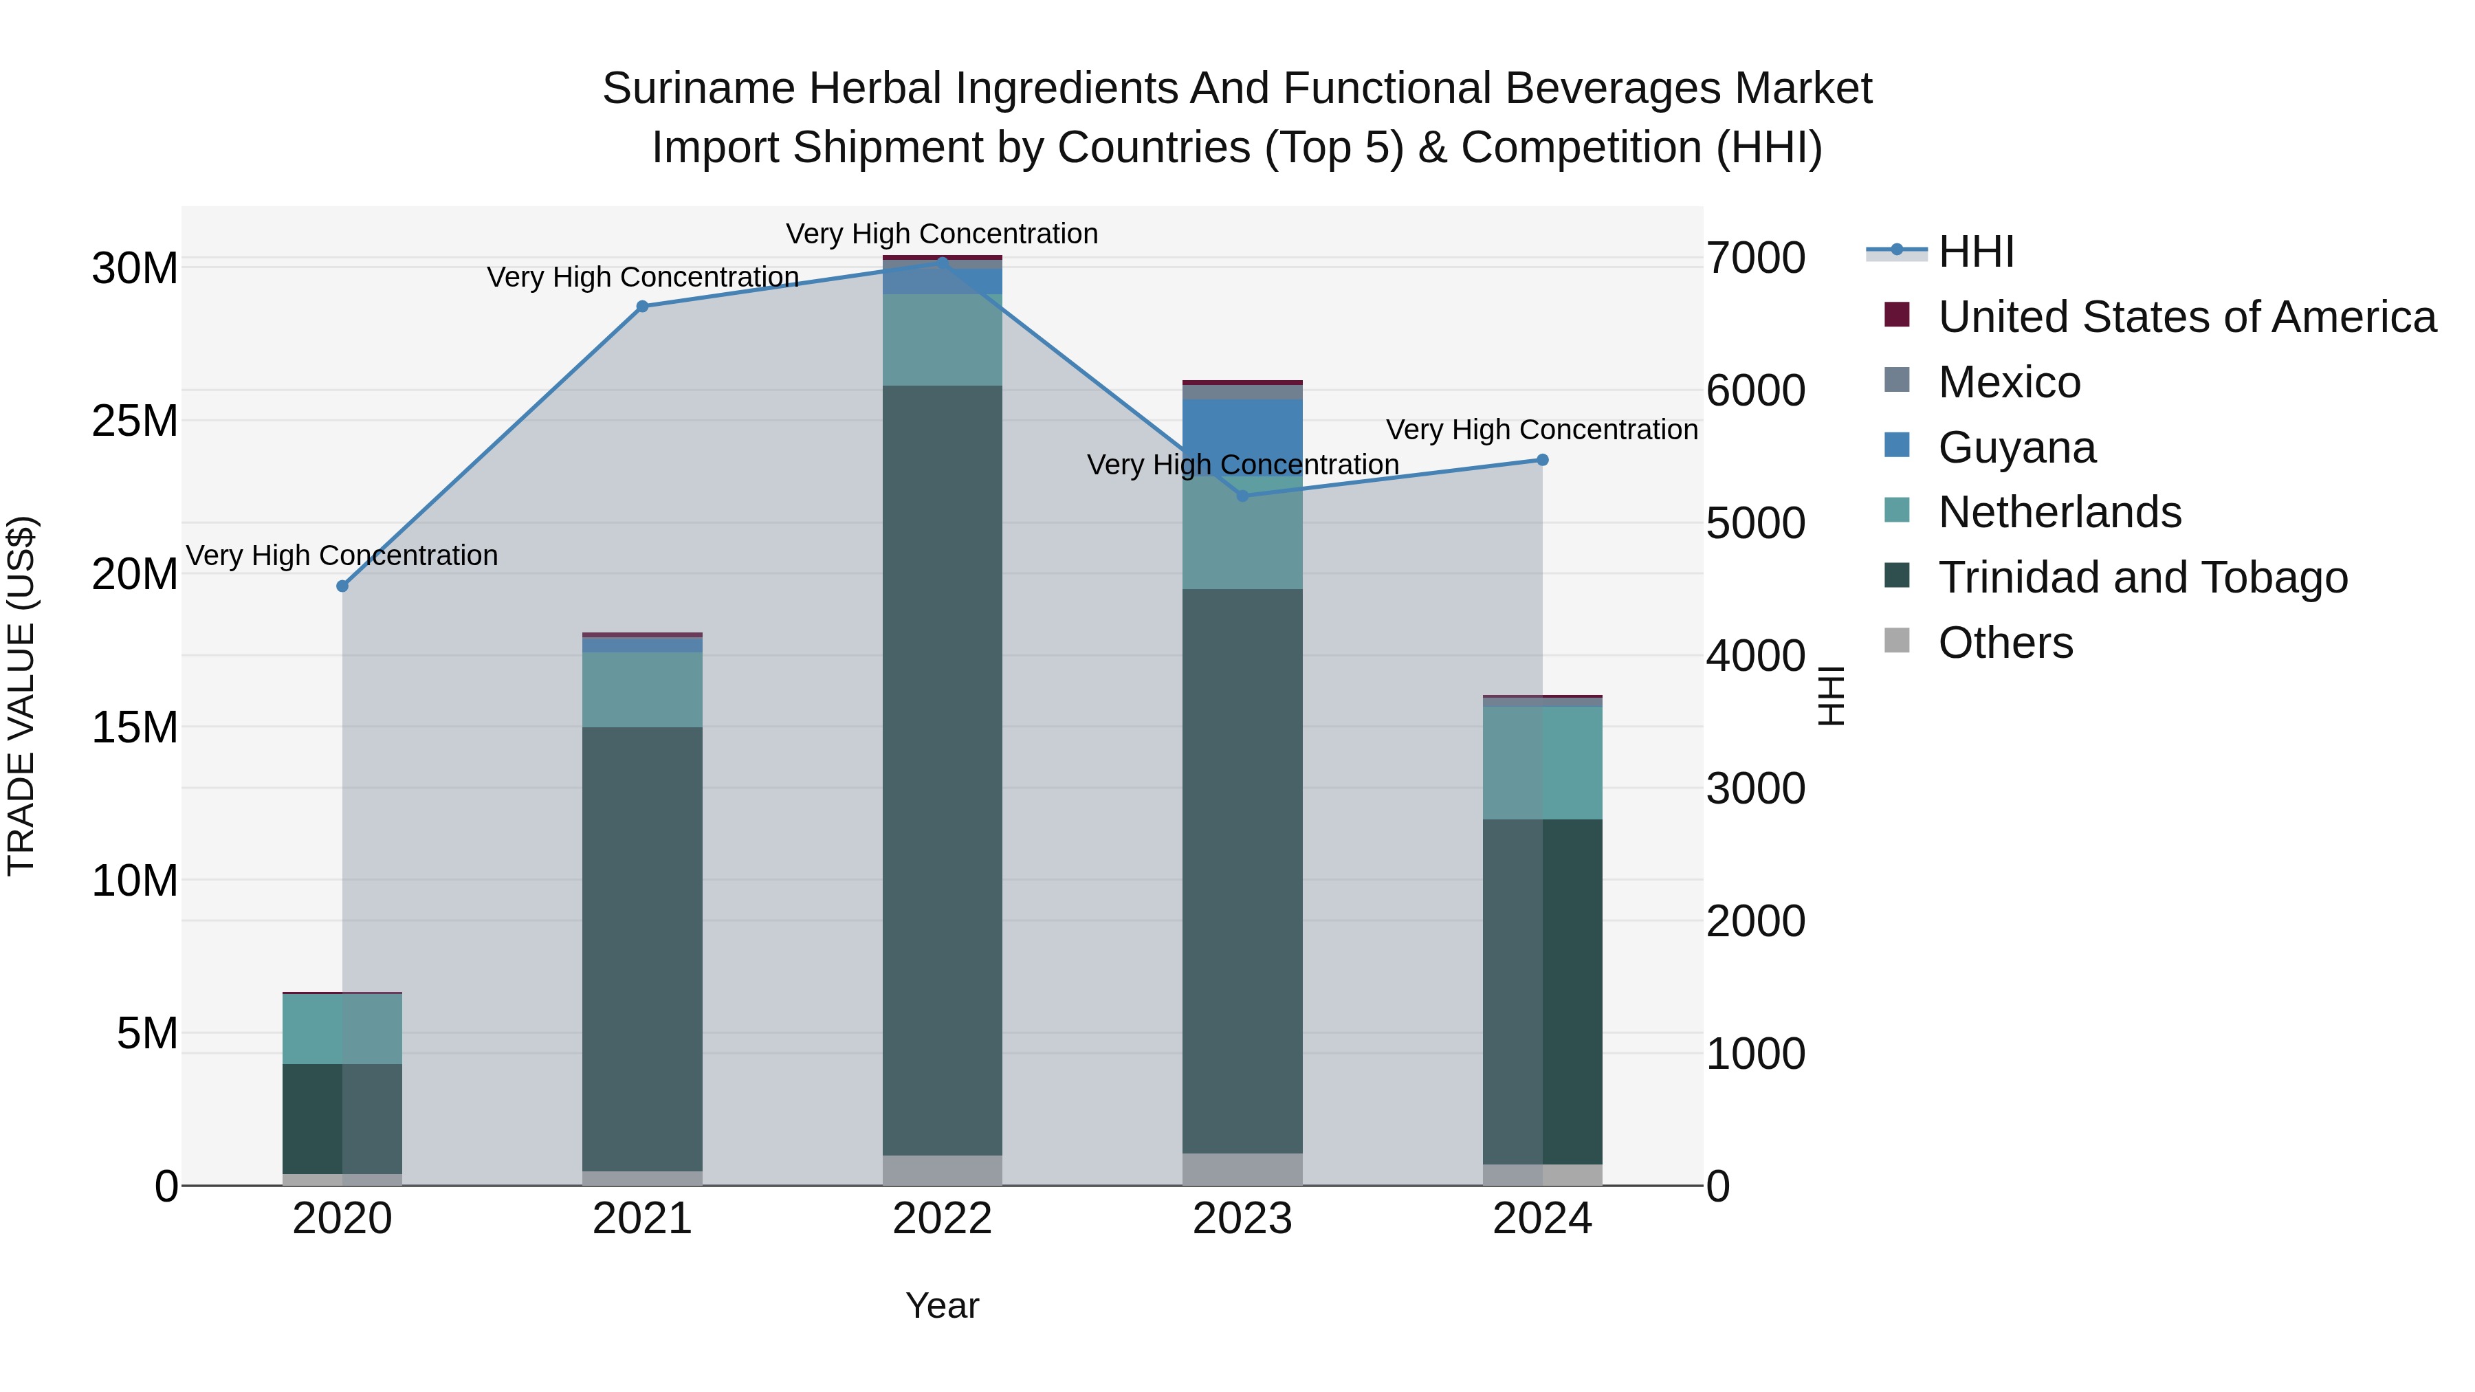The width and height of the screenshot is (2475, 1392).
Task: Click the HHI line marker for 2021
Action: coord(642,307)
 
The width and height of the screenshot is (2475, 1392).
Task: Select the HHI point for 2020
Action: coord(342,586)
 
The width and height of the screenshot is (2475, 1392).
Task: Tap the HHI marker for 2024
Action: coord(1542,460)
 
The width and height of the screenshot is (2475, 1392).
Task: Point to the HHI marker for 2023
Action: coord(1242,496)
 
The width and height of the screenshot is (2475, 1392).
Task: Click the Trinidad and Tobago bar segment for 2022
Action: coord(942,769)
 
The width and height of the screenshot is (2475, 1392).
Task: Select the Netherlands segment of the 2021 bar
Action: coord(642,689)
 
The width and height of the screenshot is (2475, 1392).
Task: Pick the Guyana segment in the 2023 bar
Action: coord(1242,432)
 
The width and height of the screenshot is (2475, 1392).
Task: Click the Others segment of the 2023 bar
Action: coord(1242,1169)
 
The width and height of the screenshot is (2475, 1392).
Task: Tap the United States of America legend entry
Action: coord(2186,317)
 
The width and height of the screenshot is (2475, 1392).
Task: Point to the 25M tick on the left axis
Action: coord(135,421)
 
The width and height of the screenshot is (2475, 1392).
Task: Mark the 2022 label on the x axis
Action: coord(942,1219)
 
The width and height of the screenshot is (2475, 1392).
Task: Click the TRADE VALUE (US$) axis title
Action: coord(21,696)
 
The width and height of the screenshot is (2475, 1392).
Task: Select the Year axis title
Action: coord(942,1305)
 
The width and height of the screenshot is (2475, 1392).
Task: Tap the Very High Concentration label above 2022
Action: coord(942,234)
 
